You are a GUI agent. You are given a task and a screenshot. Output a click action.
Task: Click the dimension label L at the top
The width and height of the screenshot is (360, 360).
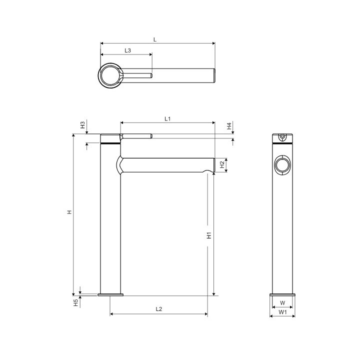155,39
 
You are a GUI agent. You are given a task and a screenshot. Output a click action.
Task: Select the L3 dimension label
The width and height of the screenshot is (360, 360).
127,50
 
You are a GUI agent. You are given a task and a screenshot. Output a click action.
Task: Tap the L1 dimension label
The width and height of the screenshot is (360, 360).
167,118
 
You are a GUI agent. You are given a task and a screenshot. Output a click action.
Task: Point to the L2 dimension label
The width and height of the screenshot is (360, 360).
159,309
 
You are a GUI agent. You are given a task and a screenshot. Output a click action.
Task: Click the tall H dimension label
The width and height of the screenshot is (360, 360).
69,212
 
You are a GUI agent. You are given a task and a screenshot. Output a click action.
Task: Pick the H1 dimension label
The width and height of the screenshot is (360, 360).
209,235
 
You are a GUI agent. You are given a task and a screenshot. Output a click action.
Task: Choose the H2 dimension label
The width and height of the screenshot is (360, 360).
222,164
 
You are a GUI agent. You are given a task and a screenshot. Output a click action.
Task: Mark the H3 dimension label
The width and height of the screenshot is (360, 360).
82,125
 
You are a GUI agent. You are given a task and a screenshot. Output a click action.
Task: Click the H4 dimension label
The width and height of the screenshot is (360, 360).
229,126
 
